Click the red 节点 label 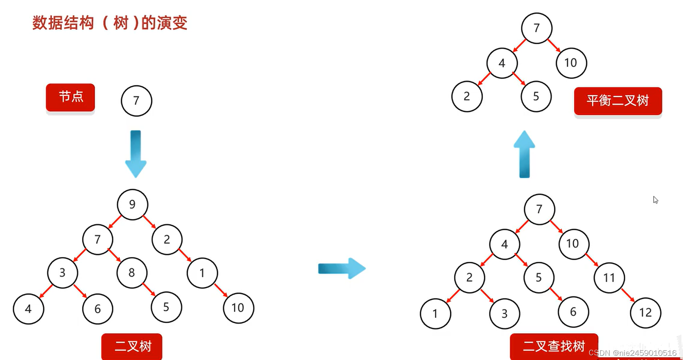click(71, 97)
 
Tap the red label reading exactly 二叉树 click(132, 346)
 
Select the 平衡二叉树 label click(618, 101)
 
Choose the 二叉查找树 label click(554, 346)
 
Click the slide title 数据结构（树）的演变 click(110, 23)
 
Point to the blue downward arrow click(136, 153)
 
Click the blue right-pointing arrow click(341, 268)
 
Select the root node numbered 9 click(133, 204)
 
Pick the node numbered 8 click(132, 273)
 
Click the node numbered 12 click(645, 313)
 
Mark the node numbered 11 click(609, 278)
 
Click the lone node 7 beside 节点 click(136, 101)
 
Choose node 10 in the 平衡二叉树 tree click(571, 63)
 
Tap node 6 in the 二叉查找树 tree click(573, 312)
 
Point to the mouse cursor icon click(655, 200)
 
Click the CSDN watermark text click(632, 353)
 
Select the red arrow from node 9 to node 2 click(150, 222)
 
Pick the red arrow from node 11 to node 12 click(628, 295)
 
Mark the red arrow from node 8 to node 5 click(149, 289)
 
